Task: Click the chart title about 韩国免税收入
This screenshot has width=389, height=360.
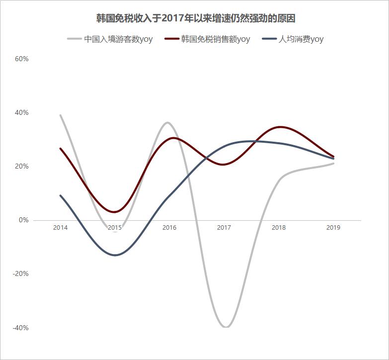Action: (x=196, y=18)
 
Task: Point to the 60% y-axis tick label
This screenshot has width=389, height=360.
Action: (x=22, y=59)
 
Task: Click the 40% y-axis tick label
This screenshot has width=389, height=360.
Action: (x=22, y=113)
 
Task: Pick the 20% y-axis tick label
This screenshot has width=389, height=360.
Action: (x=22, y=167)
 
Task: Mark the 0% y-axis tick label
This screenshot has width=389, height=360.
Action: (x=23, y=220)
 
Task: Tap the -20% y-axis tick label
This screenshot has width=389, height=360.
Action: (x=21, y=274)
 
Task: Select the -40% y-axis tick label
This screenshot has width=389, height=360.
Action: (x=21, y=328)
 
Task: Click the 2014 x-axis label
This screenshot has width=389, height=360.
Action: (x=60, y=228)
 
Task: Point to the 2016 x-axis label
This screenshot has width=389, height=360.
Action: (x=169, y=228)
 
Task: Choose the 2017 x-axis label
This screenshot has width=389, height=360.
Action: (x=224, y=228)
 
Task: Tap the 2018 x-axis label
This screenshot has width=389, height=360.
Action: (x=279, y=228)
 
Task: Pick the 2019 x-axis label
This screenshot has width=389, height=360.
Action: (x=333, y=228)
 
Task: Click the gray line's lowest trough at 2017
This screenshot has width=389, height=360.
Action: (x=226, y=327)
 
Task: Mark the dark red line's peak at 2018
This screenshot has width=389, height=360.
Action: (x=281, y=127)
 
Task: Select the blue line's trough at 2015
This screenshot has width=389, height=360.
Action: (x=115, y=255)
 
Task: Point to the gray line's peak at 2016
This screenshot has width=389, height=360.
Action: (x=167, y=122)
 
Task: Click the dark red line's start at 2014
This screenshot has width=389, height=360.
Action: (x=60, y=148)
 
